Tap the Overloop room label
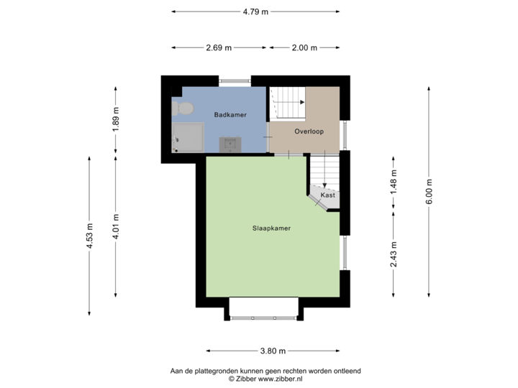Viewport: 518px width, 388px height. pos(309,131)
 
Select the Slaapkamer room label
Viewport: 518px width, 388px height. pos(271,228)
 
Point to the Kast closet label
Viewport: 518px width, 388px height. pos(327,195)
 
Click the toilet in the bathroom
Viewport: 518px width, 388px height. pos(183,108)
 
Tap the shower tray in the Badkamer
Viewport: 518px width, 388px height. pos(188,137)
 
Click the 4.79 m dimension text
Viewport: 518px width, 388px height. pos(255,11)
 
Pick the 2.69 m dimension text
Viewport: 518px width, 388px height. pos(219,48)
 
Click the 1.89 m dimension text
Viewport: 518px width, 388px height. pos(116,119)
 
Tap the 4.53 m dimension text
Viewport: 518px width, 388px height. pos(89,236)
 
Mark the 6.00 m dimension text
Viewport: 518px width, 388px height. pos(430,191)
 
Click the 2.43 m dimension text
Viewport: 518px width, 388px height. pos(394,254)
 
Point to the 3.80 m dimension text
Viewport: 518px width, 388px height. pos(273,351)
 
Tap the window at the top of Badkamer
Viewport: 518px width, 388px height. pos(235,80)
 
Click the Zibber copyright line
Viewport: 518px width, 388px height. pos(265,377)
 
